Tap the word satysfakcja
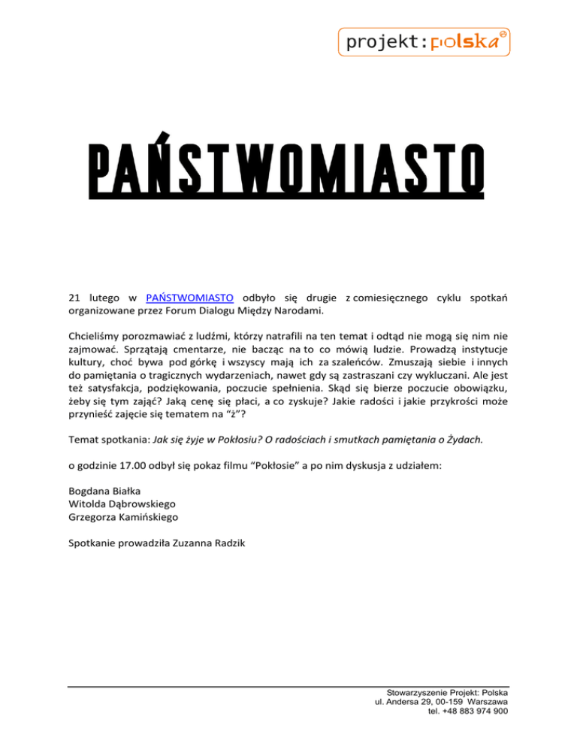(x=112, y=395)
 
